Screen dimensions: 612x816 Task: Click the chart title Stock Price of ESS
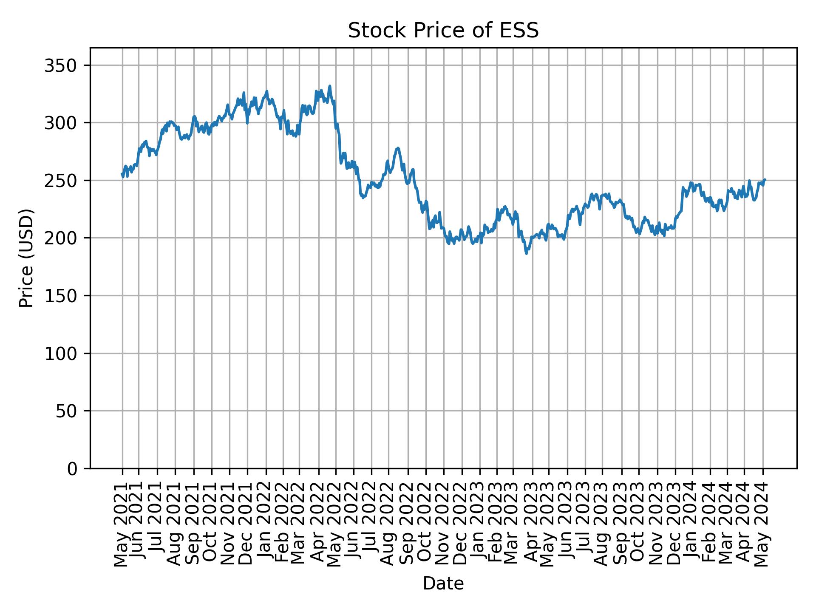click(x=443, y=31)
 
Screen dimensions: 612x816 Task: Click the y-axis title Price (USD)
click(x=26, y=258)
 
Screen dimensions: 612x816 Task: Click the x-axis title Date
click(x=443, y=584)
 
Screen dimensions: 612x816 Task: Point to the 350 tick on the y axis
click(x=65, y=65)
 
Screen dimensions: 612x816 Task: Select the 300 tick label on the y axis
click(x=65, y=123)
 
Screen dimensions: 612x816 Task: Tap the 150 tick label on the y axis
click(x=65, y=296)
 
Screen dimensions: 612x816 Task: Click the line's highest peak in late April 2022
click(x=329, y=86)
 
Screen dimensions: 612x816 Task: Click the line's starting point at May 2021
click(x=122, y=173)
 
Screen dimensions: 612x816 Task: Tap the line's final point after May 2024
click(x=765, y=180)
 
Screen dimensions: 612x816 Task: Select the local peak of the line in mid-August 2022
click(x=398, y=148)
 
